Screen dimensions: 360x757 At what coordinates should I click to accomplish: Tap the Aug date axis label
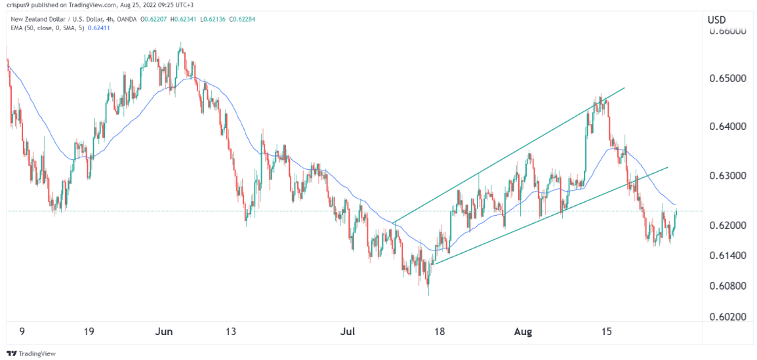(x=522, y=332)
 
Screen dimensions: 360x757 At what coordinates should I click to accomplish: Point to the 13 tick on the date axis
(x=231, y=332)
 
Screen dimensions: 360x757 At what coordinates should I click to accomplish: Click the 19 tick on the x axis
(x=89, y=332)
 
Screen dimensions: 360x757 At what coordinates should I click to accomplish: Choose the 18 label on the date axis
(x=440, y=332)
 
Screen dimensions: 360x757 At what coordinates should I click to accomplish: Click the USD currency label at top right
(x=716, y=20)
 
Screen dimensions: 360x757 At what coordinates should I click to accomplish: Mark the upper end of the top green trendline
(x=624, y=87)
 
